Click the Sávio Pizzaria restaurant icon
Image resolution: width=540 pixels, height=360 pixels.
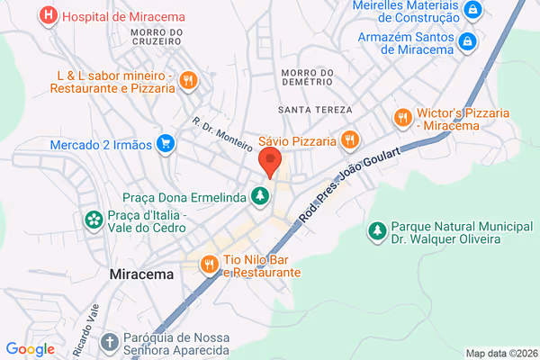point(349,139)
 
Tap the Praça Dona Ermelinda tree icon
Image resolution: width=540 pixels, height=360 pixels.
point(260,194)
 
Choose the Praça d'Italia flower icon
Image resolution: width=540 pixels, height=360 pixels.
point(93,220)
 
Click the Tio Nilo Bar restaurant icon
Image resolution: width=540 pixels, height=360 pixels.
point(208,263)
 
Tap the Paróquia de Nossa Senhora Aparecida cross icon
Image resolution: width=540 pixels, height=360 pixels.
point(109,342)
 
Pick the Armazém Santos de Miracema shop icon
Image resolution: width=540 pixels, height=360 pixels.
point(467,41)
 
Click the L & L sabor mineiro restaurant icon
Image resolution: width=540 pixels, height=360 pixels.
point(187,79)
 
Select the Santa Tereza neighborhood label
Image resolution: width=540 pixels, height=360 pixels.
point(309,110)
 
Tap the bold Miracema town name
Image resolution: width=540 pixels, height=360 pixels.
point(141,273)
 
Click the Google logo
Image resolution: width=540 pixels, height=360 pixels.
point(30,349)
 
